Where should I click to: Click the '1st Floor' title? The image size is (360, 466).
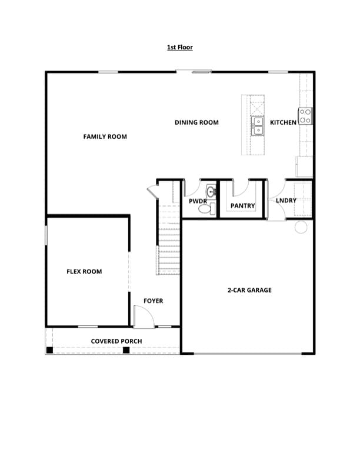[x=180, y=47]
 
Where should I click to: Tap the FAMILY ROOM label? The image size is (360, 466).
[x=105, y=137]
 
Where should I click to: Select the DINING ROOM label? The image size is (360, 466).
[x=196, y=122]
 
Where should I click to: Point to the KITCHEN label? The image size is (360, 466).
[x=283, y=122]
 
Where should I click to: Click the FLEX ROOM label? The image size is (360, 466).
[x=84, y=272]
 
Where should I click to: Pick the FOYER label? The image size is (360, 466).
[x=154, y=301]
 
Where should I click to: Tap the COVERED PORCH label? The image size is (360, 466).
[x=116, y=341]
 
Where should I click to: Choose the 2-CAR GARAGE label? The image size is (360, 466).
[x=249, y=290]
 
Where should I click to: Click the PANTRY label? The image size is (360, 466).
[x=243, y=206]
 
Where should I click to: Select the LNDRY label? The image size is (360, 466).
[x=286, y=201]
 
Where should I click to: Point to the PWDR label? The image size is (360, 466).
[x=198, y=201]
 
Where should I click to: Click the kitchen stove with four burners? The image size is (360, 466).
[x=305, y=116]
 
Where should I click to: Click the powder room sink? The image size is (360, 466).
[x=210, y=191]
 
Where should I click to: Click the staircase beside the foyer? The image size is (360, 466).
[x=168, y=247]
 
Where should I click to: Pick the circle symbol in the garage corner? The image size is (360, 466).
[x=301, y=227]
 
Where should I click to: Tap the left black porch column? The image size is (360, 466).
[x=50, y=350]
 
